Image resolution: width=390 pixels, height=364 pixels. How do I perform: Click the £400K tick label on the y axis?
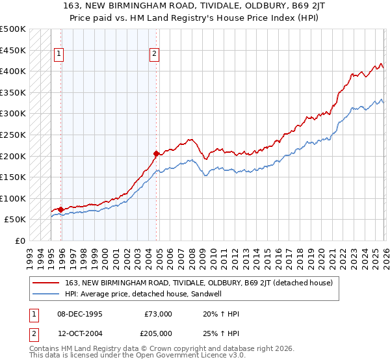(x=13, y=71)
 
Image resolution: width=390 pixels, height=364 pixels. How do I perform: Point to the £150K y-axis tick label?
(x=13, y=177)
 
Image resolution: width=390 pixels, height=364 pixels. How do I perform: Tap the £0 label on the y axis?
(x=20, y=240)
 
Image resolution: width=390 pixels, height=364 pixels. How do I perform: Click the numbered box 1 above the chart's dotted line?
(x=59, y=55)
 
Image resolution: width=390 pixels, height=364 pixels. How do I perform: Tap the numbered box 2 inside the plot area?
(x=155, y=55)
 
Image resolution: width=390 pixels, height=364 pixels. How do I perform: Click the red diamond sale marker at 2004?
(x=157, y=154)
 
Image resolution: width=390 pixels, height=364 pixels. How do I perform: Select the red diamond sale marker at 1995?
(x=60, y=209)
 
